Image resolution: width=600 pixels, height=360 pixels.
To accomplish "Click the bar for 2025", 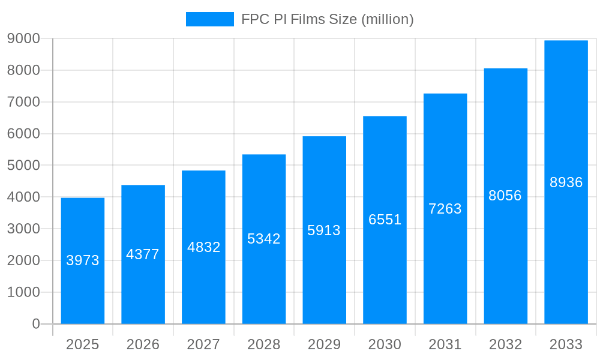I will (x=83, y=261).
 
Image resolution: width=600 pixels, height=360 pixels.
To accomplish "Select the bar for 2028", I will (x=264, y=239).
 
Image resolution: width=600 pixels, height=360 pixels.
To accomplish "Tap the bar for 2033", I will (x=566, y=182).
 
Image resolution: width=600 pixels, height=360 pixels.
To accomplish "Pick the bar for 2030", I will (x=385, y=220).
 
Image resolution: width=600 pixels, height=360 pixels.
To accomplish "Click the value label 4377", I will (x=143, y=254).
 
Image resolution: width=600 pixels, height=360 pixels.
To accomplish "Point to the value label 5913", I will (x=324, y=230).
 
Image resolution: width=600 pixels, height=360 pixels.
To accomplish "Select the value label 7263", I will (x=445, y=209).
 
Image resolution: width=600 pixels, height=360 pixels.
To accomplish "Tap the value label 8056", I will (x=505, y=196).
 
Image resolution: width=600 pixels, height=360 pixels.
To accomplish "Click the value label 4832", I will (x=204, y=247).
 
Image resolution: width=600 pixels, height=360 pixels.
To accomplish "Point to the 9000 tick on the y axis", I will (x=23, y=39).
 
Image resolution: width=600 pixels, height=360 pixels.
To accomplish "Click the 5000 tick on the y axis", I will (x=23, y=166).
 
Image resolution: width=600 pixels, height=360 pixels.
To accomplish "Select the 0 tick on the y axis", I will (x=36, y=324).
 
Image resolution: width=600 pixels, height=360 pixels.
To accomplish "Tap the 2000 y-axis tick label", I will (x=23, y=260).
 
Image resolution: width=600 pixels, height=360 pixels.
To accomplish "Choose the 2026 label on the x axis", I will (x=143, y=344).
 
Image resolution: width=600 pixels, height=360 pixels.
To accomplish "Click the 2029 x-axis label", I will (x=324, y=344).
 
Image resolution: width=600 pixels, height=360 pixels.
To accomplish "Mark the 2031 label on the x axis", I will (x=445, y=344).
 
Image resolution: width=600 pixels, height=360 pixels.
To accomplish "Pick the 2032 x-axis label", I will (x=505, y=344).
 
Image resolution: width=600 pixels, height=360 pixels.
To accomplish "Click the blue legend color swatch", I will (x=209, y=19).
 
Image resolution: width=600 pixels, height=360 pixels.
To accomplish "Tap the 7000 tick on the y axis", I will (x=23, y=102).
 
